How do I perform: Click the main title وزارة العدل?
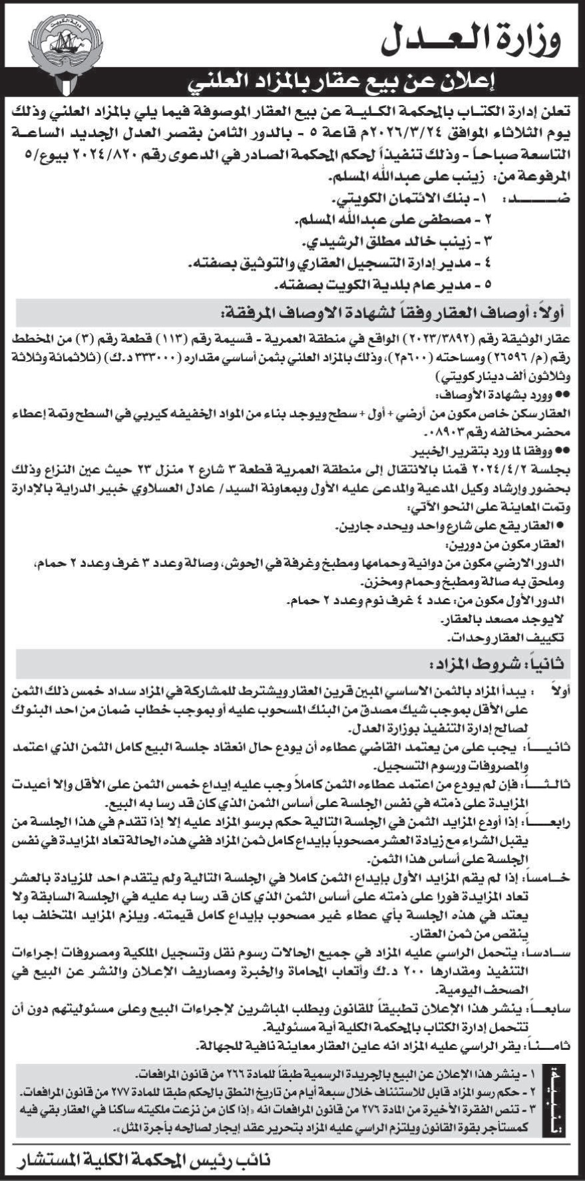(x=471, y=39)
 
